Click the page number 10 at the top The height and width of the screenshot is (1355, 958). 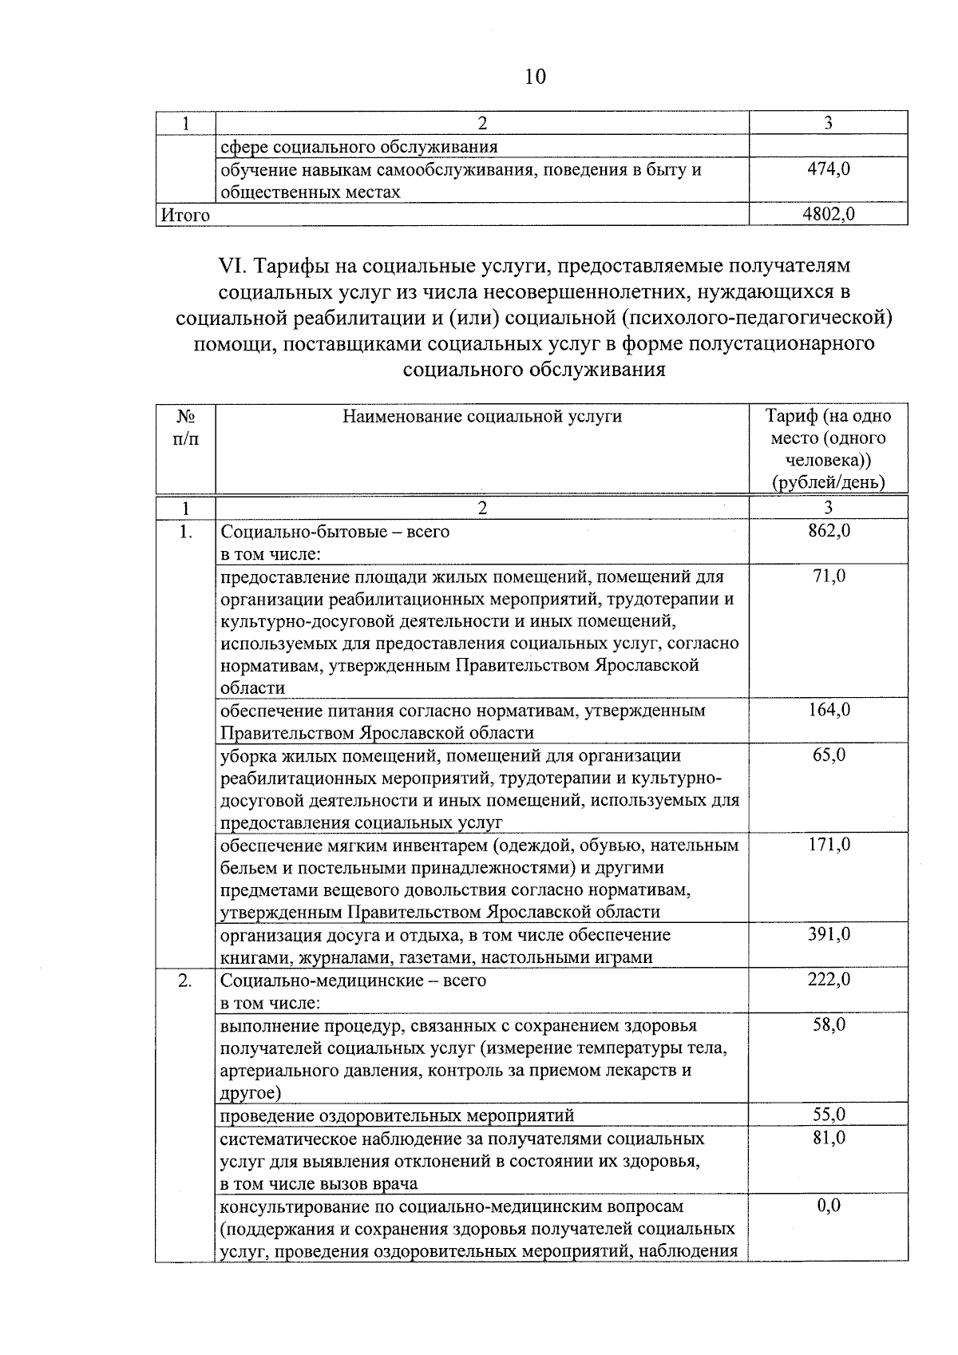click(x=536, y=77)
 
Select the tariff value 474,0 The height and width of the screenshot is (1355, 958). click(x=829, y=168)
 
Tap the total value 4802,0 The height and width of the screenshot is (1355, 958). click(x=829, y=214)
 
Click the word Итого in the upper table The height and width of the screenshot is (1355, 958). click(x=185, y=215)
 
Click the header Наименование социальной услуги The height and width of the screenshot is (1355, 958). click(x=481, y=416)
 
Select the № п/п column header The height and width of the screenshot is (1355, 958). click(x=185, y=427)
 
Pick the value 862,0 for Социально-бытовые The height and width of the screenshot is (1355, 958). click(x=829, y=530)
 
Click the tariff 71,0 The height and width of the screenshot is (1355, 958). click(x=829, y=576)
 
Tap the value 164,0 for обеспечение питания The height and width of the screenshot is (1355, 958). click(x=829, y=710)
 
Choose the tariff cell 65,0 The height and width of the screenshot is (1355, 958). click(x=829, y=755)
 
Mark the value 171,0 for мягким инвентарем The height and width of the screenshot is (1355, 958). click(x=829, y=844)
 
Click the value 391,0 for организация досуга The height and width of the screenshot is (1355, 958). click(x=829, y=934)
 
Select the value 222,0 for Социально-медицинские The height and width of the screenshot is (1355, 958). click(x=829, y=980)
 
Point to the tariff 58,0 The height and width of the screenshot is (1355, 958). click(x=829, y=1024)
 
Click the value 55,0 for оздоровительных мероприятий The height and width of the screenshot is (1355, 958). click(x=829, y=1115)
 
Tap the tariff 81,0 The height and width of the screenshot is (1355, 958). click(x=829, y=1137)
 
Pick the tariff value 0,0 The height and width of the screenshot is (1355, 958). click(x=829, y=1205)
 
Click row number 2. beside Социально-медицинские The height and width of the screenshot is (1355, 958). click(x=185, y=981)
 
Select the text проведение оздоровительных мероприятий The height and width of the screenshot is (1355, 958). click(x=397, y=1115)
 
